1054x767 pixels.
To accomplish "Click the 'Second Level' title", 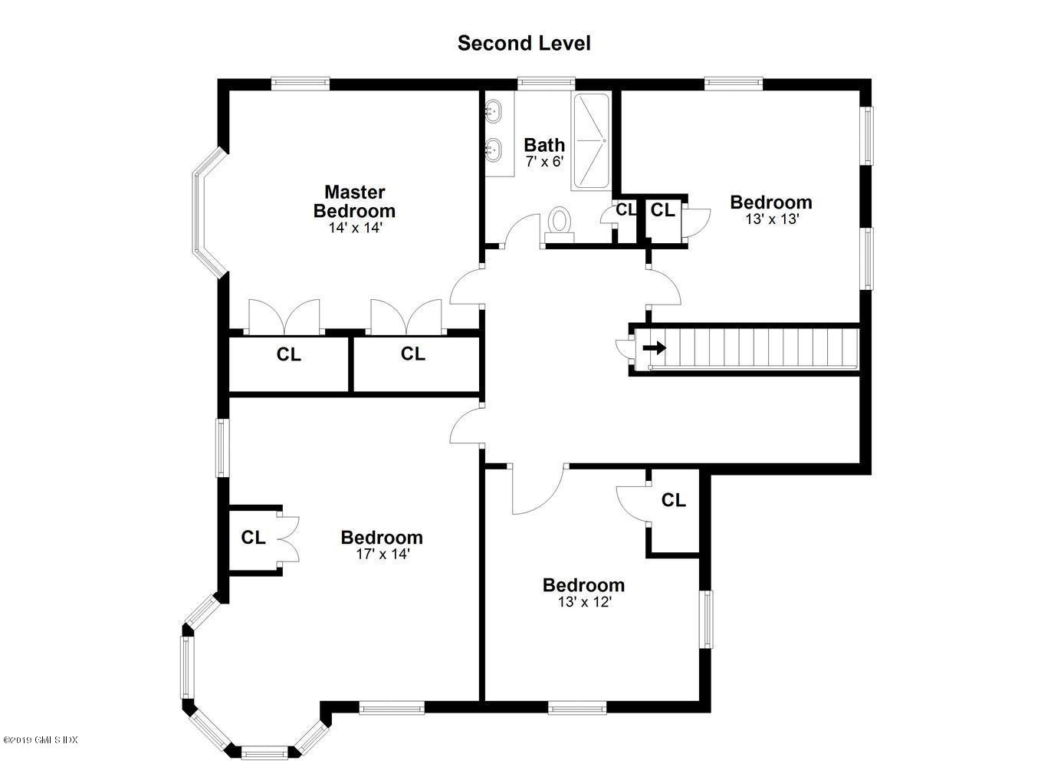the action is click(524, 43).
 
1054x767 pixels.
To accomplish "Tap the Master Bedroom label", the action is click(354, 202).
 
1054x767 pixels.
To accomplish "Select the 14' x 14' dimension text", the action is click(355, 228).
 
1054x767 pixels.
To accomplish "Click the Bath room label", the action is click(544, 145).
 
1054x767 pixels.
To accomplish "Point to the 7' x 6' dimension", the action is click(544, 162).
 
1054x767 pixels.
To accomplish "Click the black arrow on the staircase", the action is click(655, 348).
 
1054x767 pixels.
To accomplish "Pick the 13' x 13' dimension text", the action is click(772, 219).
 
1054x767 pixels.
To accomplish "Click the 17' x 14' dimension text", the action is click(383, 555).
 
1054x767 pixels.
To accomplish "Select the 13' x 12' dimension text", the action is click(584, 602).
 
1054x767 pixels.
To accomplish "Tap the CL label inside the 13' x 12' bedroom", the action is click(673, 500).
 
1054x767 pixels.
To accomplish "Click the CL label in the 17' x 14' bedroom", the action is click(253, 537).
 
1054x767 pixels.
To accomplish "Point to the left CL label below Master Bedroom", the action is click(288, 354).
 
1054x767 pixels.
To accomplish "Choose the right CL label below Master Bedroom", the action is click(412, 354).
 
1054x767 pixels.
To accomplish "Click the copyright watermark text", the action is click(40, 739).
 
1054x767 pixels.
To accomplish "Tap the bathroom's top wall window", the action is click(547, 84).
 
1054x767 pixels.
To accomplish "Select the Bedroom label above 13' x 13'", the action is click(771, 202).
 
